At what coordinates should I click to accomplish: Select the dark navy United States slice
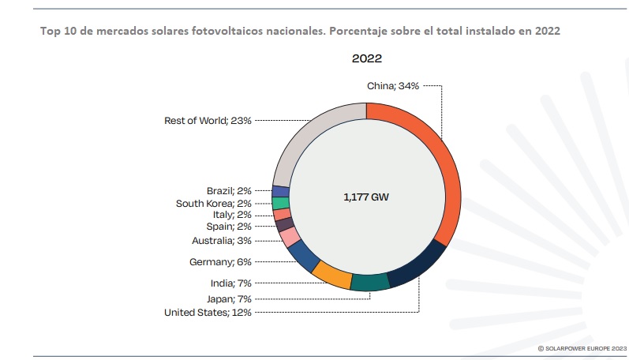pos(417,264)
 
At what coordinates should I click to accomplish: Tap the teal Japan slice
pos(369,283)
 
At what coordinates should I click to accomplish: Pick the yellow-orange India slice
pos(331,274)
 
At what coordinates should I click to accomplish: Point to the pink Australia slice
pos(290,237)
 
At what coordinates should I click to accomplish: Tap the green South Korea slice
pos(280,203)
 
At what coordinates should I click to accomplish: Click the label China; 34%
pos(393,86)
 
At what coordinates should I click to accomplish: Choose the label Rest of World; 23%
pos(208,121)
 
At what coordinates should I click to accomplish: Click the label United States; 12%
pos(208,313)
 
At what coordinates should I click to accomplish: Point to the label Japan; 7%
pos(229,298)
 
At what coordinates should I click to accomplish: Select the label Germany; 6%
pos(220,261)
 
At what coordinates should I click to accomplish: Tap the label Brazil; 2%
pos(229,190)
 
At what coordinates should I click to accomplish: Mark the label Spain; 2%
pos(229,227)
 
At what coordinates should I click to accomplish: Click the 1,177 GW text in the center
pos(366,197)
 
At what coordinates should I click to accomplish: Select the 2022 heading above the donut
pos(367,59)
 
